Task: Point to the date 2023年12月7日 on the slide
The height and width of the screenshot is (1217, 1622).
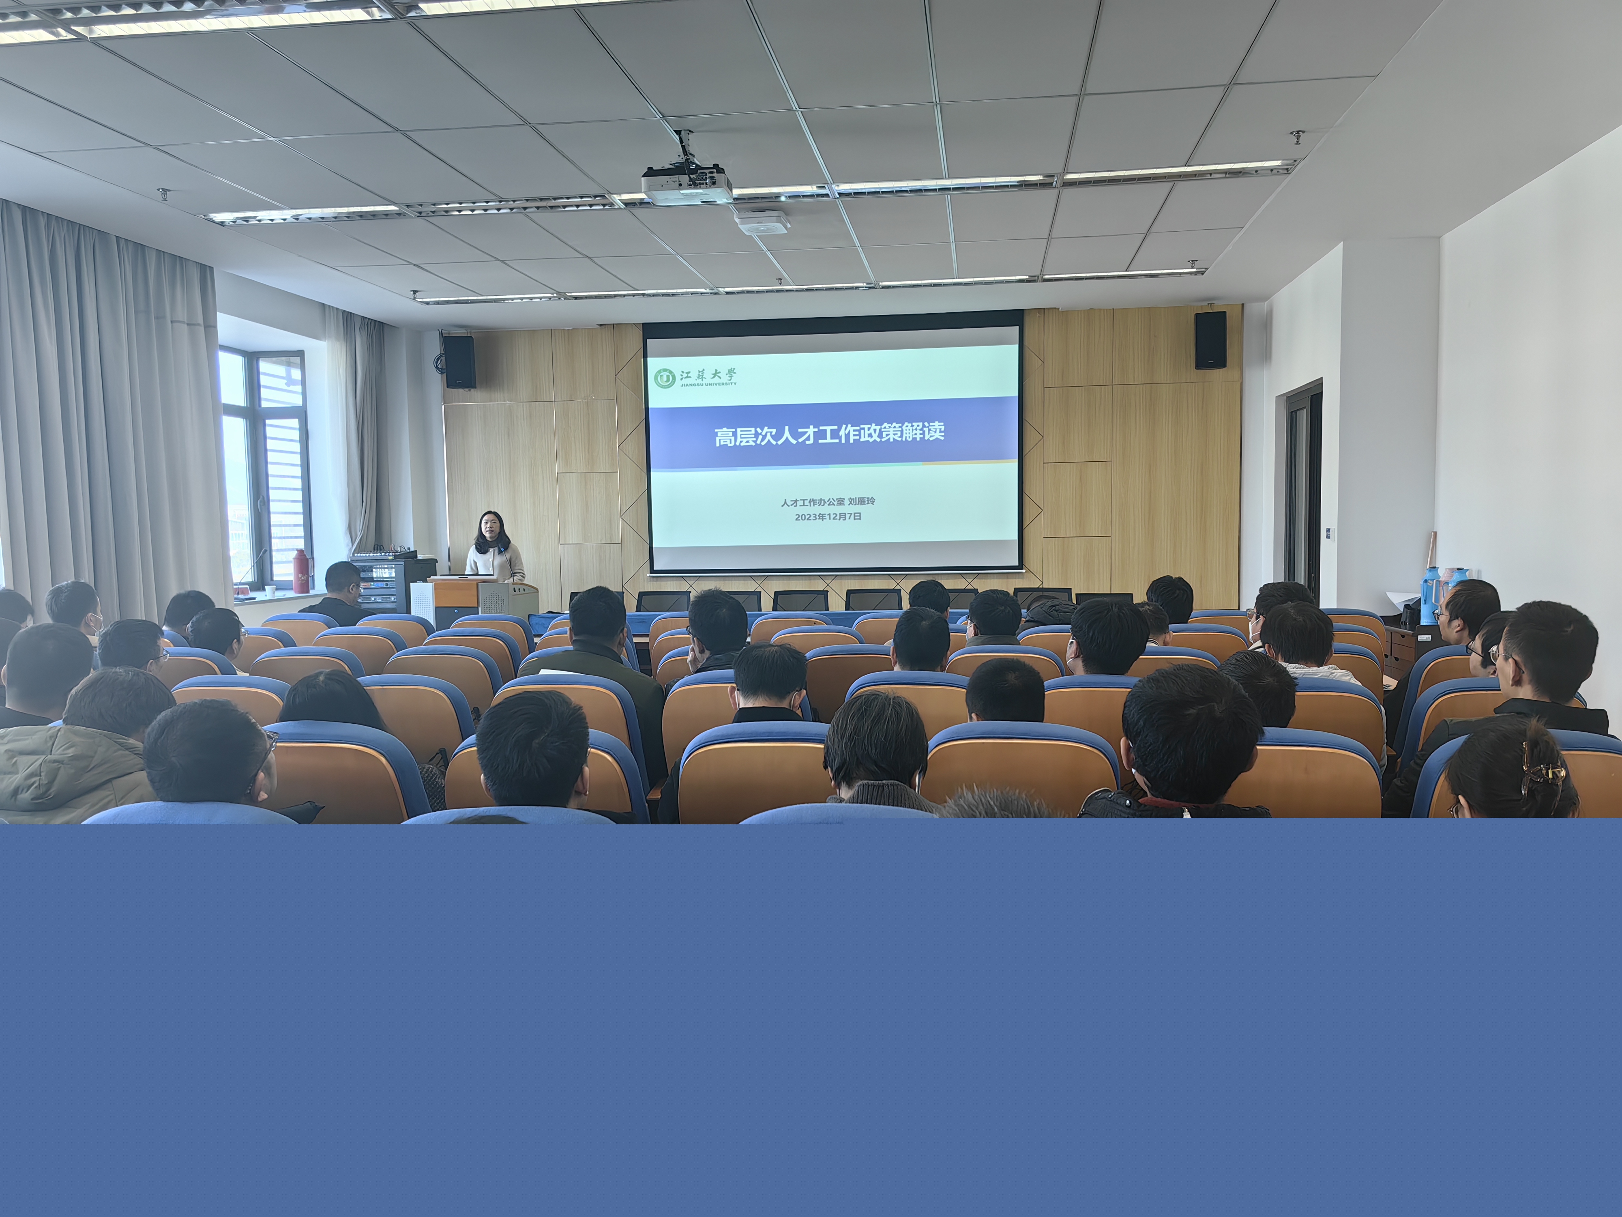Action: pyautogui.click(x=828, y=516)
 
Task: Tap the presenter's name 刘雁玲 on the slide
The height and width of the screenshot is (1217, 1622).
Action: pyautogui.click(x=862, y=502)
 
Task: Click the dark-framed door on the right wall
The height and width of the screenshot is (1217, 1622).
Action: pyautogui.click(x=1302, y=488)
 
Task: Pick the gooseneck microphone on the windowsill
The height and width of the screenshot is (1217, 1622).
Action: pyautogui.click(x=249, y=568)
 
